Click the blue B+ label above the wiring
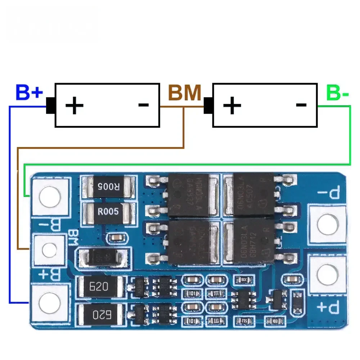[29, 93]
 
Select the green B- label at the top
[338, 93]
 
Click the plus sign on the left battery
[75, 106]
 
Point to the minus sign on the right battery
[301, 105]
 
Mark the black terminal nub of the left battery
[50, 105]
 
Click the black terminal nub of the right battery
[208, 105]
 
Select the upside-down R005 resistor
[109, 186]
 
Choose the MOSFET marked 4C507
[252, 195]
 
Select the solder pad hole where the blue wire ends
[49, 302]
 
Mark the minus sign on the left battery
[143, 105]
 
